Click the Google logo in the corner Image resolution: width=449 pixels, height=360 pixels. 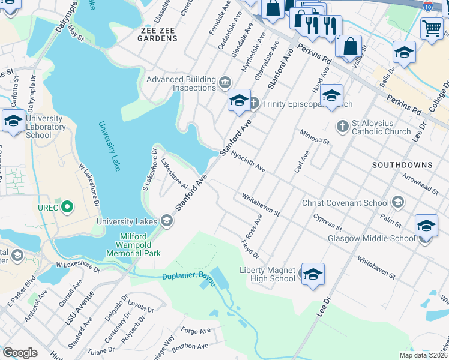(x=20, y=353)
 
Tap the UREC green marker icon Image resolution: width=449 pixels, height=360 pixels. (x=67, y=208)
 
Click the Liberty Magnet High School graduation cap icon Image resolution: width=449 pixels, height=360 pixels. (x=313, y=274)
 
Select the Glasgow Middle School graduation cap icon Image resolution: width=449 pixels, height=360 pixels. (x=426, y=225)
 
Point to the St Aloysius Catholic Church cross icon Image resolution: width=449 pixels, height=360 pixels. (x=342, y=127)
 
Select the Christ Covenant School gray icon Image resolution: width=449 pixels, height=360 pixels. (x=397, y=203)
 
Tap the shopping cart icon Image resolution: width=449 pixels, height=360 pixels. (x=431, y=27)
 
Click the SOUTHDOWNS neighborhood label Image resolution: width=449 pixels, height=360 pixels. (x=402, y=164)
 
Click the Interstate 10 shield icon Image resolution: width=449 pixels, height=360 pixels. (x=427, y=5)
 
